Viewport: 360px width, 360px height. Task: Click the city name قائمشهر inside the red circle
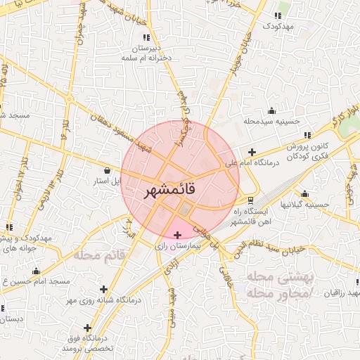[x=180, y=190]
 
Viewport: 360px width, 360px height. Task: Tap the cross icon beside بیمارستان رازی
[x=176, y=234]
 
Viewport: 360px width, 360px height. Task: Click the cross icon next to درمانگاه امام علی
[x=252, y=152]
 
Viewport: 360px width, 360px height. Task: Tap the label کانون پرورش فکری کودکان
[x=307, y=150]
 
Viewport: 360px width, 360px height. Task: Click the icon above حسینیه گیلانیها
[x=304, y=194]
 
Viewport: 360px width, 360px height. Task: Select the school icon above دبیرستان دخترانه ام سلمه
[x=146, y=37]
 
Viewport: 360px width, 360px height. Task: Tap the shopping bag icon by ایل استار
[x=106, y=170]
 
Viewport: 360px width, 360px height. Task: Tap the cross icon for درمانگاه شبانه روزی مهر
[x=104, y=289]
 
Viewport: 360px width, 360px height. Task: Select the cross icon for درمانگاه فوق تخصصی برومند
[x=87, y=328]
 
